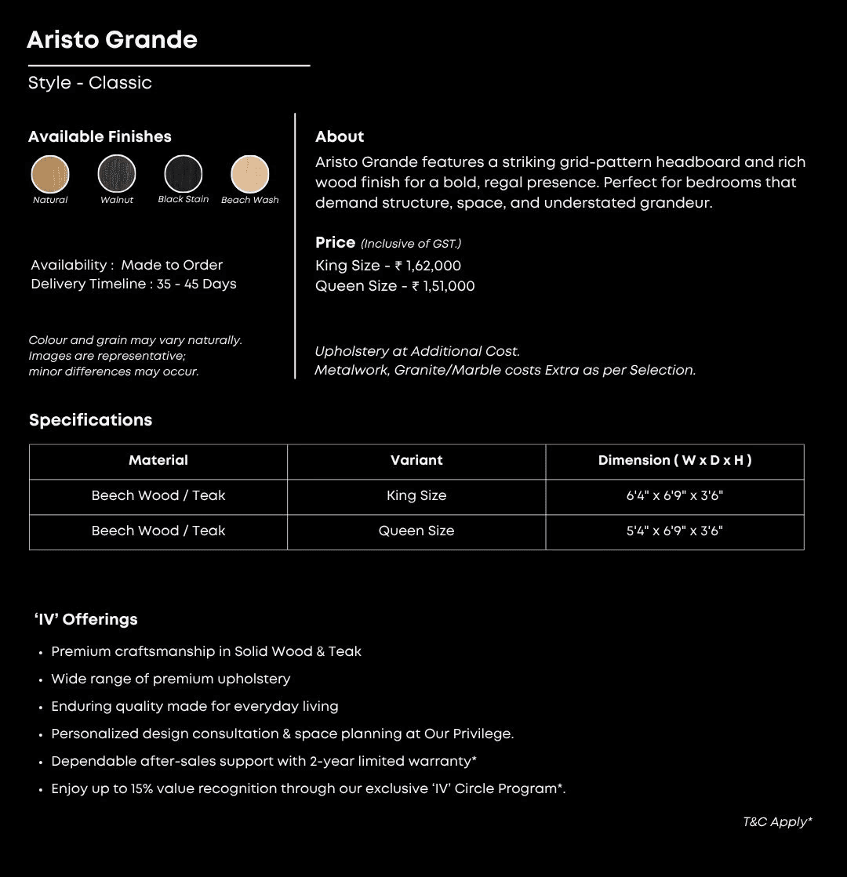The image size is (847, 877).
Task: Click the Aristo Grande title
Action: click(112, 40)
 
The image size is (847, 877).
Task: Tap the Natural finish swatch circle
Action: click(50, 174)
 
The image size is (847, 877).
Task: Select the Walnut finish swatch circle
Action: click(117, 174)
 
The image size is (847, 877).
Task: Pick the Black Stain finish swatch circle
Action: click(184, 174)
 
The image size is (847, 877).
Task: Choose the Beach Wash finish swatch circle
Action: click(250, 174)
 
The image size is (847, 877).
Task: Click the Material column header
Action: click(158, 461)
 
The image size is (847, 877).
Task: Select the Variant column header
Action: click(416, 461)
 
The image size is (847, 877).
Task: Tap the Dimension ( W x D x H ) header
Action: click(674, 461)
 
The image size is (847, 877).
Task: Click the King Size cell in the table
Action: click(416, 496)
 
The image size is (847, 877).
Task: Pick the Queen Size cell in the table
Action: click(416, 531)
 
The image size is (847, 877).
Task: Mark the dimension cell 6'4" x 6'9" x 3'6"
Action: click(674, 496)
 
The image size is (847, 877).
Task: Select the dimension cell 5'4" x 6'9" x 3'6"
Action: click(674, 531)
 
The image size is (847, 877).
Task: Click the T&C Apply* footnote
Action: click(777, 822)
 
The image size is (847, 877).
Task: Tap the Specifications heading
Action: click(91, 420)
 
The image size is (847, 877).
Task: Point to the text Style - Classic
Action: click(90, 83)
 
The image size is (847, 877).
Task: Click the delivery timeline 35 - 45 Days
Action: click(196, 284)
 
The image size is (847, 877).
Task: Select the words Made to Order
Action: click(172, 266)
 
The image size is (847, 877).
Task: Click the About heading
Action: click(340, 137)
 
